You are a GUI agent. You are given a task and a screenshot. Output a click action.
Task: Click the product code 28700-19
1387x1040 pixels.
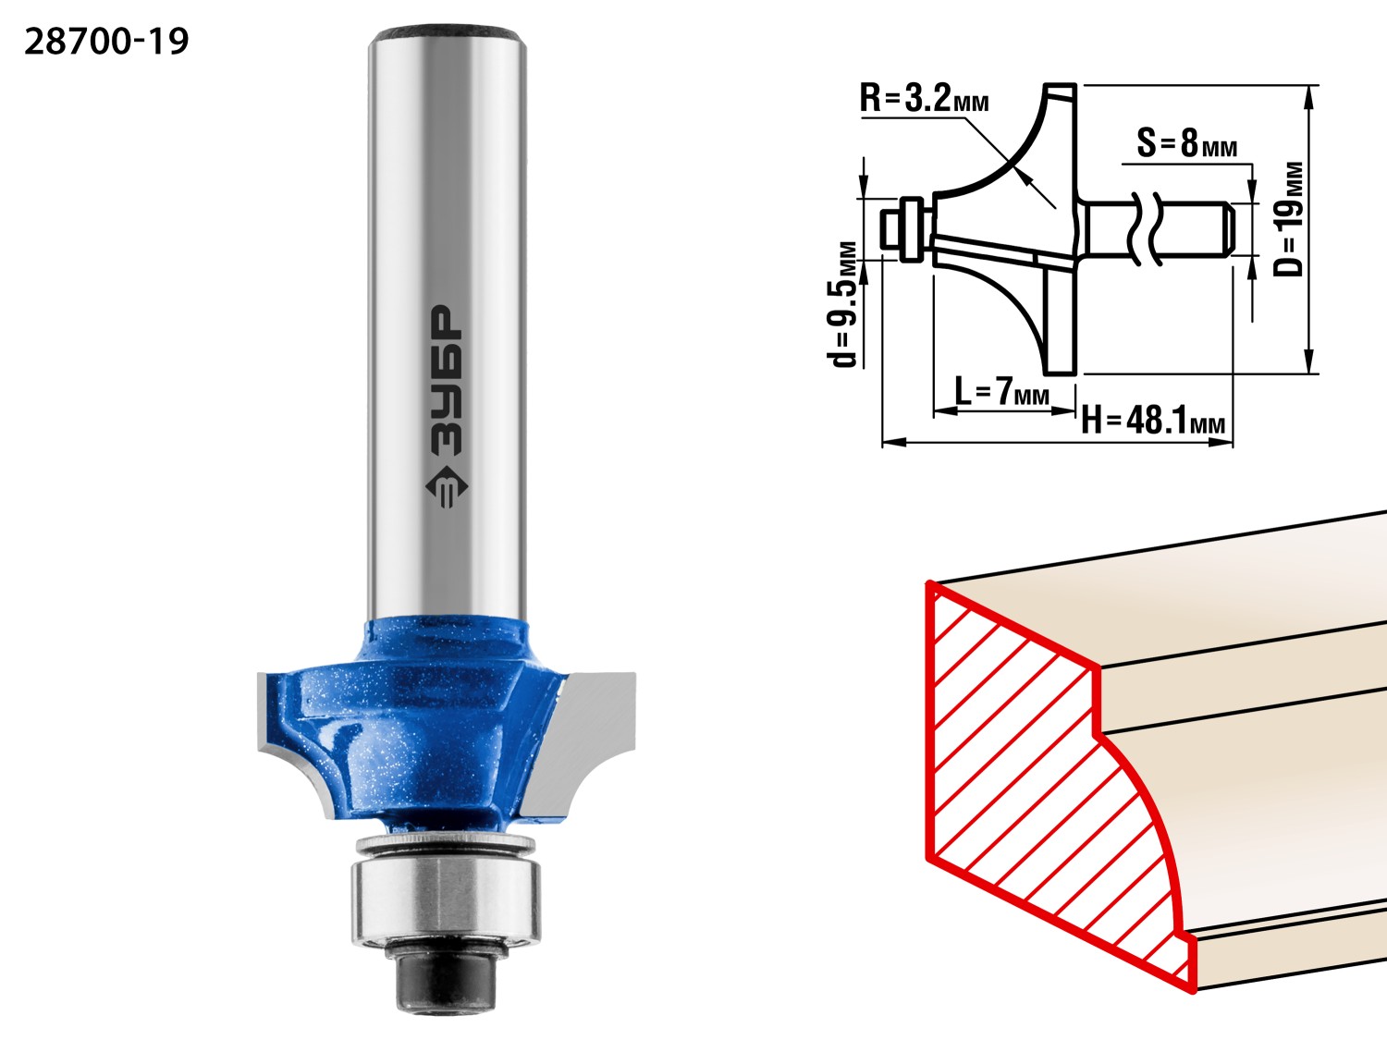coord(106,42)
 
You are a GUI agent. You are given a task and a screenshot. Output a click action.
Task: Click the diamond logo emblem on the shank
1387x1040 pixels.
coord(446,487)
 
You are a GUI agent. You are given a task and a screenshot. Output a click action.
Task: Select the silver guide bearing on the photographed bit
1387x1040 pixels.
coord(446,902)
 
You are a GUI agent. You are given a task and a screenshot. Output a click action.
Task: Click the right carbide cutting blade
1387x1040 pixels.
coord(584,742)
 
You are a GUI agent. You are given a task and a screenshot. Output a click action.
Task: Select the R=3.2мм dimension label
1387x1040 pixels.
coord(924,99)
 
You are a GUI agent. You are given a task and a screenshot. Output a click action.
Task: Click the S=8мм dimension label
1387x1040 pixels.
coord(1186,142)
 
